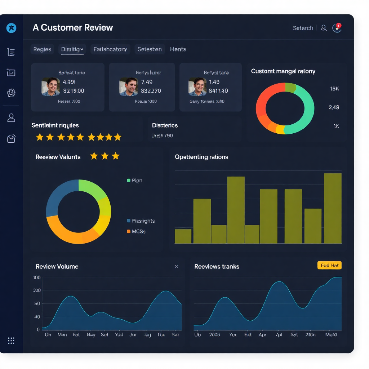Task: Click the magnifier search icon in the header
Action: (324, 28)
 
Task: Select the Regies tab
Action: (42, 49)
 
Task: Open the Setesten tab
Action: (149, 49)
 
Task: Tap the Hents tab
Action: (178, 49)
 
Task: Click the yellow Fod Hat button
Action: (329, 265)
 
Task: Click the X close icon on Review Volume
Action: (176, 266)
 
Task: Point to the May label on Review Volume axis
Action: (91, 335)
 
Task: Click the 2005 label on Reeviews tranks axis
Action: (215, 335)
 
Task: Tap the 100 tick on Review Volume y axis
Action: (37, 277)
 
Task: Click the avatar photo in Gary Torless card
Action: (197, 87)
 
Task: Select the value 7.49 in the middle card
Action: (147, 82)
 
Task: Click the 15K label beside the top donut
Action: (334, 89)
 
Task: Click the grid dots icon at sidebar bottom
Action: (11, 341)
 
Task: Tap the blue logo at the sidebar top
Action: (11, 28)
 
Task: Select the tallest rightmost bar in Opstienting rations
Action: (333, 208)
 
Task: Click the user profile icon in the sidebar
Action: (11, 117)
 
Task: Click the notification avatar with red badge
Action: (337, 28)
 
